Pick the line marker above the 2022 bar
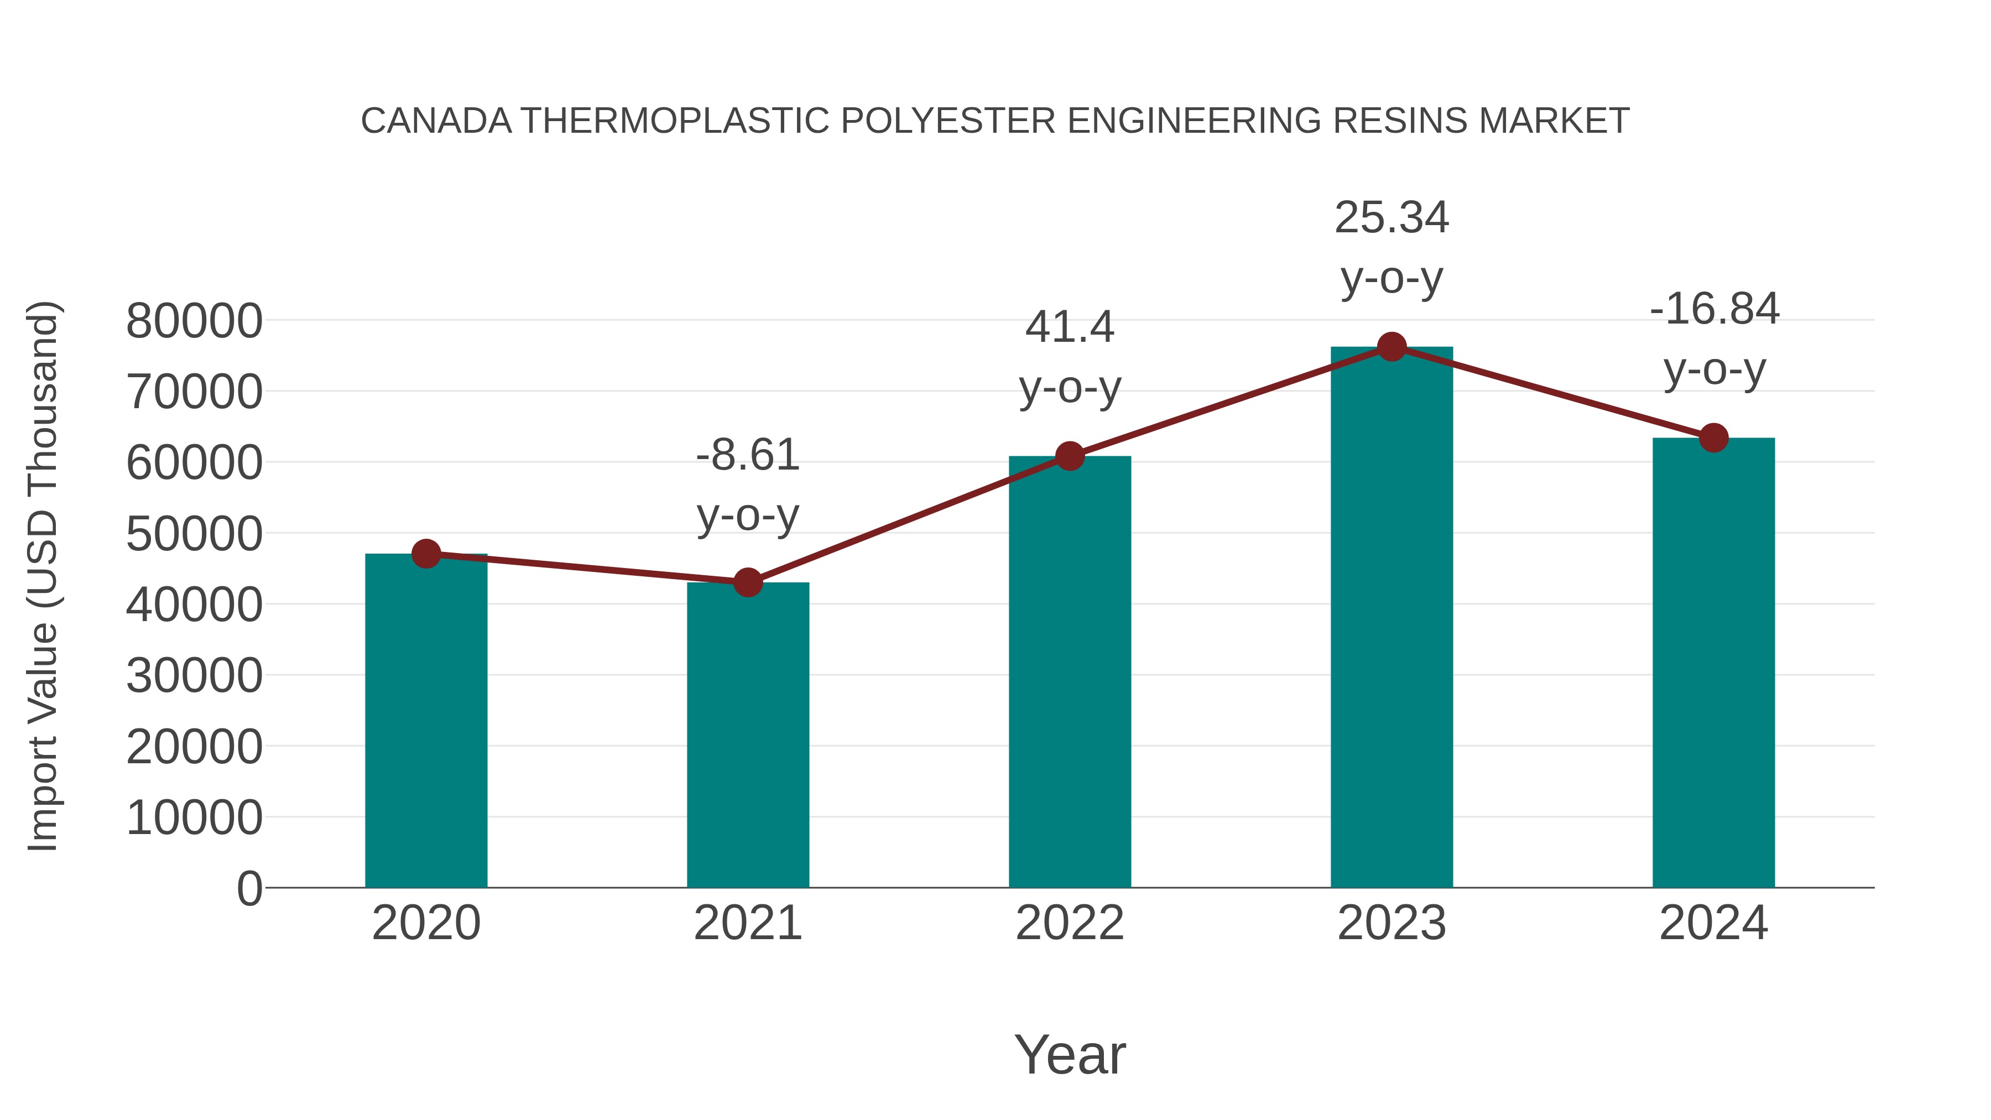[x=1070, y=456]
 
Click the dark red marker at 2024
[x=1713, y=437]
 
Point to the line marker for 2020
[x=426, y=554]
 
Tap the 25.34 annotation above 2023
[x=1391, y=217]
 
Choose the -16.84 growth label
[x=1713, y=309]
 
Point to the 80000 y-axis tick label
[x=194, y=321]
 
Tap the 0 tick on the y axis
[x=249, y=888]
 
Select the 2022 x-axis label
[x=1070, y=923]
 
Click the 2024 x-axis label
[x=1713, y=923]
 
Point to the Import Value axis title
[x=43, y=576]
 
